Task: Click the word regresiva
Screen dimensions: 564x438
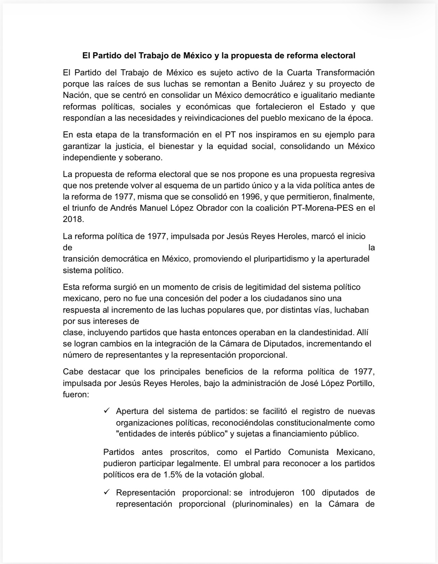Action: (357, 174)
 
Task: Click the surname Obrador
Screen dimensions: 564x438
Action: (211, 208)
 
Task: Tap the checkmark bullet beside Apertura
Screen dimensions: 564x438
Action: (107, 411)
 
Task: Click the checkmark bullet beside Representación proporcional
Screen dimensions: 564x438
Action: (107, 492)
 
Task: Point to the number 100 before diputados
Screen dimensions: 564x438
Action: (308, 493)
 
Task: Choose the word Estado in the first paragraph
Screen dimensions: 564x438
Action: (332, 107)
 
